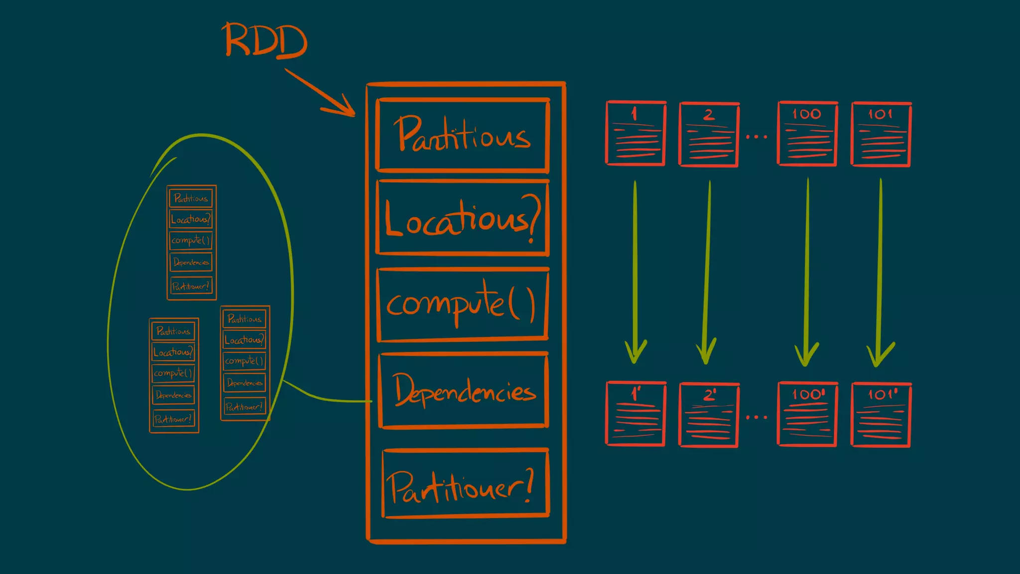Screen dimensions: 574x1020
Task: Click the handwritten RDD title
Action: click(x=265, y=41)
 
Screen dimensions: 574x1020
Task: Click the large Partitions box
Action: click(x=463, y=135)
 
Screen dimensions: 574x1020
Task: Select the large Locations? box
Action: click(x=463, y=219)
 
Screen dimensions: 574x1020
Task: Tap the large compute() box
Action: click(x=463, y=304)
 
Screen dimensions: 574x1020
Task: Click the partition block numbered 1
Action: click(x=636, y=134)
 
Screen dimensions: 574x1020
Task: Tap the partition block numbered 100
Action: click(x=807, y=134)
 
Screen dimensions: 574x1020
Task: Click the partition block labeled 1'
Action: click(x=636, y=414)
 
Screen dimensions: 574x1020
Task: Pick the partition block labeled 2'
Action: click(x=709, y=415)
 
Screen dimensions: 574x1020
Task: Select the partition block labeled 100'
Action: click(x=807, y=414)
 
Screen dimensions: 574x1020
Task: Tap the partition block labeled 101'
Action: click(x=881, y=415)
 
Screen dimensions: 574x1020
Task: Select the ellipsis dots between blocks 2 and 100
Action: click(x=757, y=137)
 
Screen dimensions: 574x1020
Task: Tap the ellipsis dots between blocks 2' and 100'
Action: click(x=757, y=417)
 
